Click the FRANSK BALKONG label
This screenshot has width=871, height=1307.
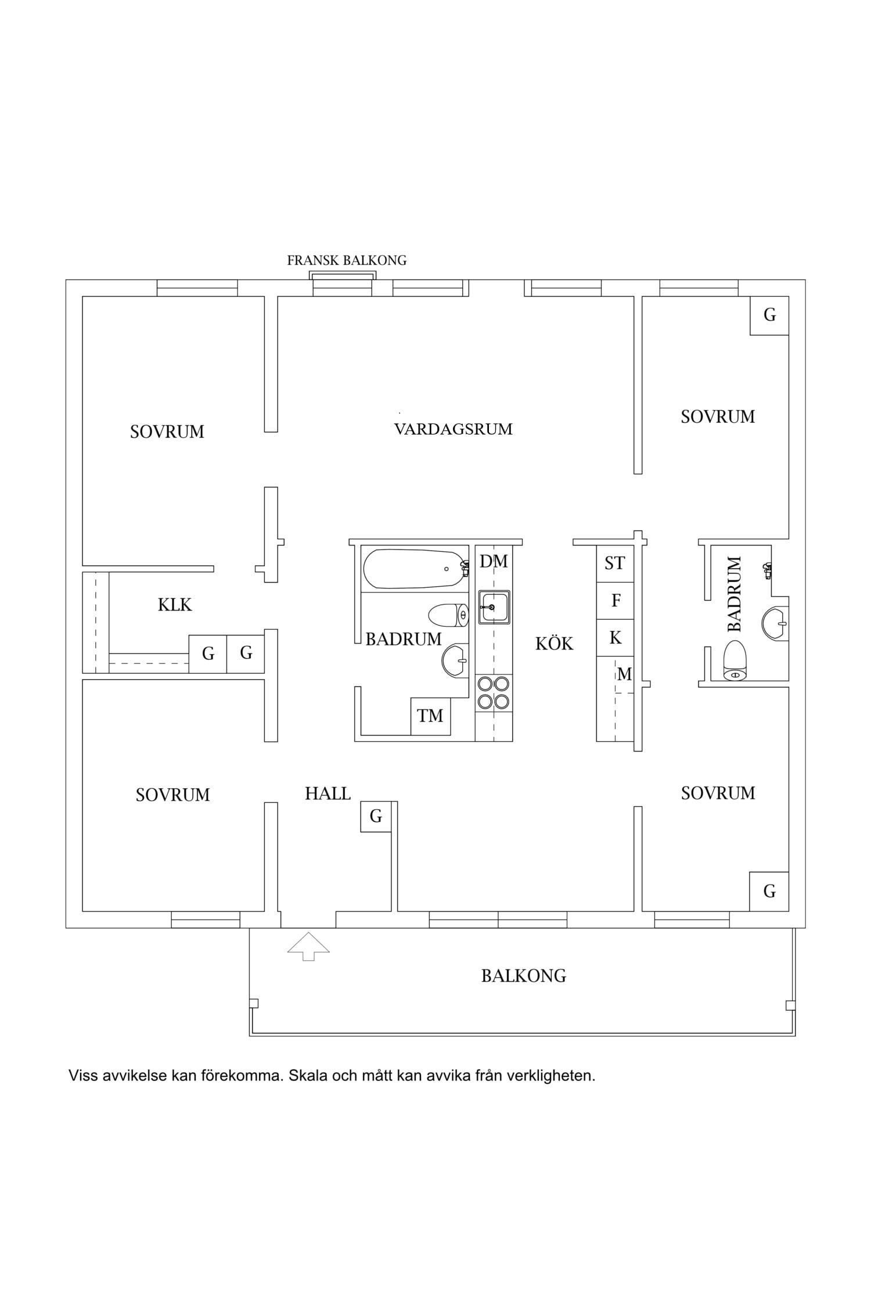(x=347, y=260)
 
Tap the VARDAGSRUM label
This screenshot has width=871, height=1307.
(x=454, y=429)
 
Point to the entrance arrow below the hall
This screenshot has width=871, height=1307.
(x=308, y=946)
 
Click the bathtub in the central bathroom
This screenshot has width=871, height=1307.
(x=416, y=569)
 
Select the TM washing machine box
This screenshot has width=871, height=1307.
(x=430, y=716)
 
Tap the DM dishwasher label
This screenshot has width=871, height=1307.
(x=494, y=561)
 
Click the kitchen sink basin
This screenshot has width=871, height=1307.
(x=494, y=608)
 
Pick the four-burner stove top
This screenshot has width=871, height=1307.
(x=494, y=692)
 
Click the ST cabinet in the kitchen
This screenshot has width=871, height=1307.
(x=615, y=563)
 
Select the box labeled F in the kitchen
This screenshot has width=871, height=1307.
(x=615, y=601)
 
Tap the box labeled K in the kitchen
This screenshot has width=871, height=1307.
(x=615, y=638)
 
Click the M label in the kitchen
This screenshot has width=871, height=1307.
(x=624, y=674)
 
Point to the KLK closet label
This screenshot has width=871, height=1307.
(x=175, y=605)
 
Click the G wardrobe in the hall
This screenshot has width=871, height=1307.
(x=376, y=816)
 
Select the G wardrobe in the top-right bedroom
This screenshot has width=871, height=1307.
(x=769, y=315)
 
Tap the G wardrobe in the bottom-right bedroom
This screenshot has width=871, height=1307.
(x=769, y=891)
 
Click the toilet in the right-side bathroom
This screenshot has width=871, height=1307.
(x=735, y=660)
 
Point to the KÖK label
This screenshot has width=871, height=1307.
(x=554, y=644)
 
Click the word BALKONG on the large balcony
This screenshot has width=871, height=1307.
(x=524, y=976)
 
